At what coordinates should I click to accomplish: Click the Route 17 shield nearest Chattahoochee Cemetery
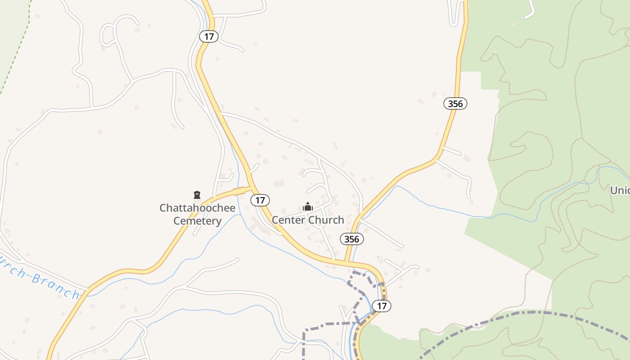coord(260,200)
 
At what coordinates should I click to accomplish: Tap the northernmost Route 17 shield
coord(208,36)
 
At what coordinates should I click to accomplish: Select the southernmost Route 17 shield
coord(382,306)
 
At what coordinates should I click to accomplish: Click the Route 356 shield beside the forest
coord(455,103)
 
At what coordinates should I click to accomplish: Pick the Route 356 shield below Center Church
coord(351,239)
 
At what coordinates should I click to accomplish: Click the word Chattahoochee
coord(197,208)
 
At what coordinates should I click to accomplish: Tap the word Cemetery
coord(197,221)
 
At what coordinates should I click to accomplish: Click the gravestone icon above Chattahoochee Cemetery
coord(197,195)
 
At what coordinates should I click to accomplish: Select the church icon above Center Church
coord(308,207)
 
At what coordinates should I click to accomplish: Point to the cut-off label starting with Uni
coord(620,190)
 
